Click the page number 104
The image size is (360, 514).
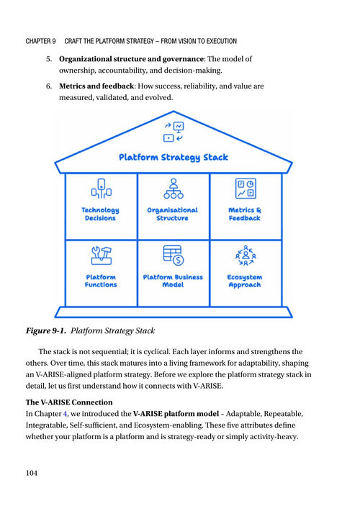click(x=32, y=473)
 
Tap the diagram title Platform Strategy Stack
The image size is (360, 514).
click(x=173, y=158)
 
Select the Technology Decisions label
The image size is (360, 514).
click(x=100, y=214)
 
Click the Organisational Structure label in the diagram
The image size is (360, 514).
click(x=173, y=214)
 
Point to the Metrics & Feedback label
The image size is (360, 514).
click(x=245, y=214)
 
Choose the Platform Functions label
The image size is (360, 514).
click(x=101, y=281)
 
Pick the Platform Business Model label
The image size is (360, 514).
click(x=173, y=281)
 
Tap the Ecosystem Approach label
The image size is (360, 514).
click(x=245, y=281)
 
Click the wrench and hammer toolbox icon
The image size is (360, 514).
click(x=102, y=256)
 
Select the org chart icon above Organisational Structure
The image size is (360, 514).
click(x=174, y=189)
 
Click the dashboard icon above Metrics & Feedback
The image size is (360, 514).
click(x=246, y=189)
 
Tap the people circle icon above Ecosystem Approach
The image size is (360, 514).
click(x=246, y=256)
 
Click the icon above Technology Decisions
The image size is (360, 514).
click(x=102, y=189)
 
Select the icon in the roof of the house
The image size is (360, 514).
click(x=174, y=132)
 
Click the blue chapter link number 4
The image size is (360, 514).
click(x=66, y=414)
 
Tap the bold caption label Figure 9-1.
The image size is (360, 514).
click(x=46, y=330)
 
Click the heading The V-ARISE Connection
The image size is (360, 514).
click(x=69, y=402)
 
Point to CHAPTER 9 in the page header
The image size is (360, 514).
click(x=40, y=41)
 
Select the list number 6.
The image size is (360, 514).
click(x=49, y=86)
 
